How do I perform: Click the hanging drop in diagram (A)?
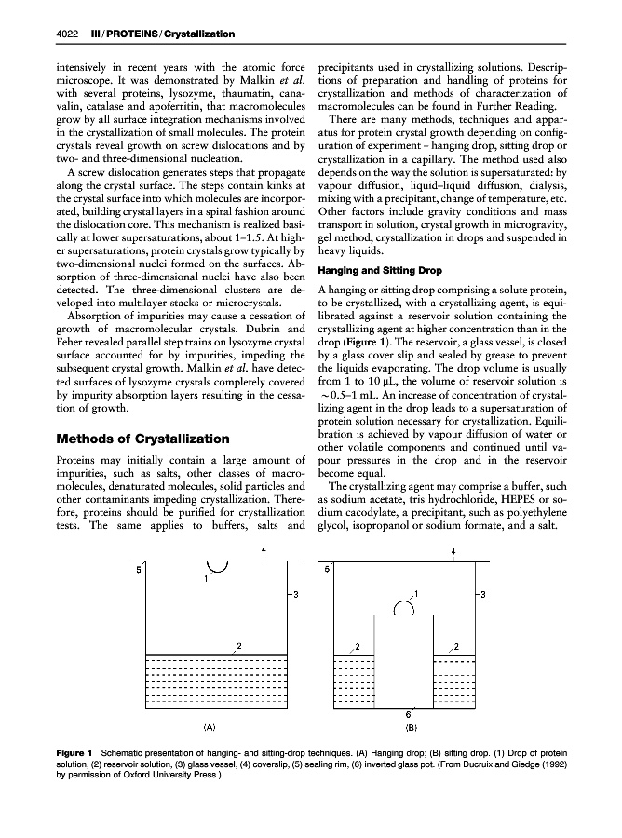pos(217,567)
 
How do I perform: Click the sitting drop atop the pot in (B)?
pos(405,607)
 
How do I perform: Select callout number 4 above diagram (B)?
pos(453,551)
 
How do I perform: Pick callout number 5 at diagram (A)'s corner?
pos(141,570)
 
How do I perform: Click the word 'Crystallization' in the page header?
pos(201,34)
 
